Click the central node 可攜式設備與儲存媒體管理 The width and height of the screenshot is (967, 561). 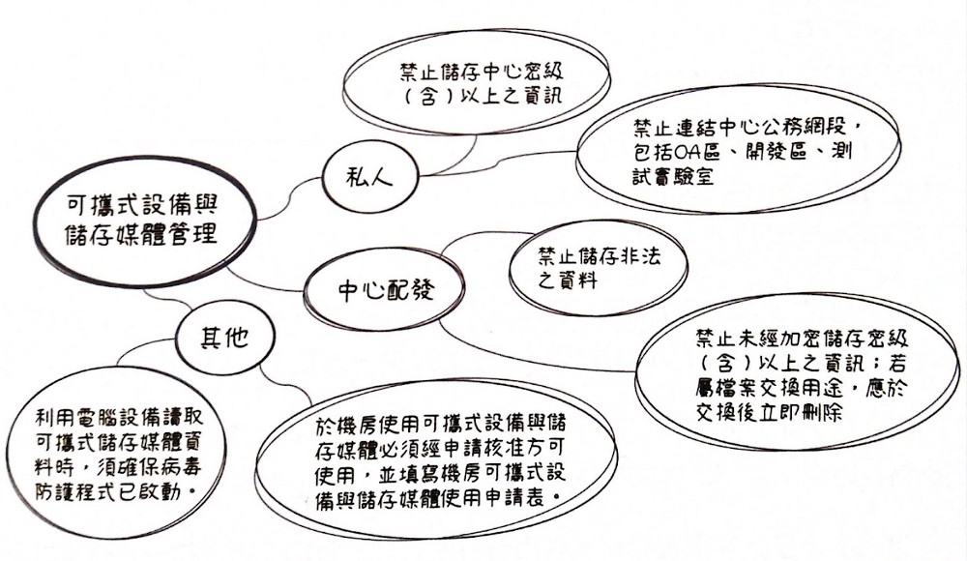(141, 220)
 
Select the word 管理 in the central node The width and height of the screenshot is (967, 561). (190, 234)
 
